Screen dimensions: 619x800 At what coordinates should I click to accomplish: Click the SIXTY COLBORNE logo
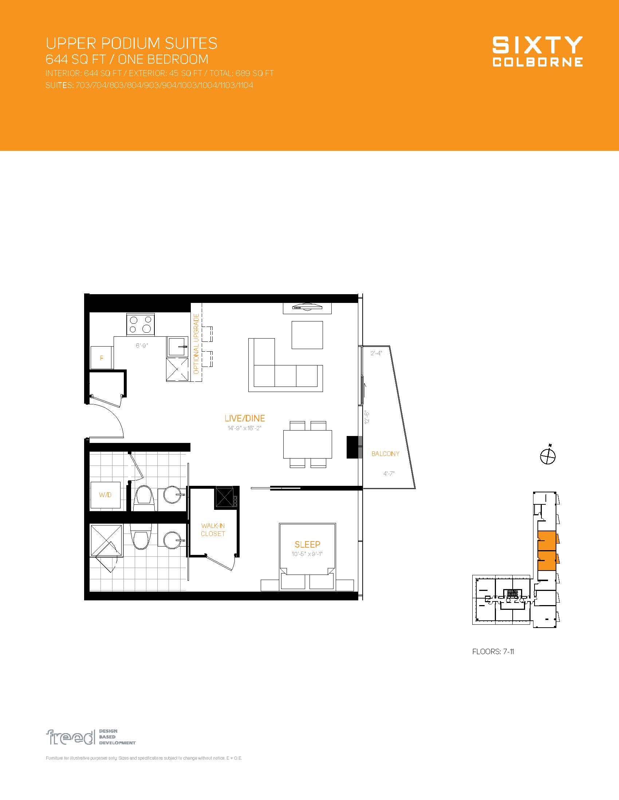tap(537, 51)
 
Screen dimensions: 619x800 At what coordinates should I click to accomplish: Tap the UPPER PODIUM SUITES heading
tap(131, 43)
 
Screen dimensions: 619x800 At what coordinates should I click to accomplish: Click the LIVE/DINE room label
tap(245, 418)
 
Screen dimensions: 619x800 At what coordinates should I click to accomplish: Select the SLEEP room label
tap(307, 544)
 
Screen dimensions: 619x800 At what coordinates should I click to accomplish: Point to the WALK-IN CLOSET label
tap(213, 530)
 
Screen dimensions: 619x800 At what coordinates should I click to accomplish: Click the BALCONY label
tap(385, 454)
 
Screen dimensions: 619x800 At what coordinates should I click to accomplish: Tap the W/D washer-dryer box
tap(105, 495)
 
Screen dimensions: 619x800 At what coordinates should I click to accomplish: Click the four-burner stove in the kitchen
tap(141, 324)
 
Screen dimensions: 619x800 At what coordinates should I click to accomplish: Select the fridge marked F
tap(102, 357)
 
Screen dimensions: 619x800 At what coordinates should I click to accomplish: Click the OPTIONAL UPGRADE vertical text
tap(196, 344)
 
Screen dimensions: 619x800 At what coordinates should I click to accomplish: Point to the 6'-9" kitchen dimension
tap(142, 345)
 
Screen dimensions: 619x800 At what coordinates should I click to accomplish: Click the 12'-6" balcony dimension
tap(367, 417)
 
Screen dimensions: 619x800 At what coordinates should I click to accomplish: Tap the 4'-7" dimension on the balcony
tap(389, 473)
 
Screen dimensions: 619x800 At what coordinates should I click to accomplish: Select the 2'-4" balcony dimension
tap(376, 353)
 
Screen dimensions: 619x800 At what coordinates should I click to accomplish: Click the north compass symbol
tap(548, 456)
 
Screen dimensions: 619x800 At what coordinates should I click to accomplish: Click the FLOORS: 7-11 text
tap(493, 652)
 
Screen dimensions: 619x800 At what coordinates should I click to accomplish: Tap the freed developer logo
tap(91, 737)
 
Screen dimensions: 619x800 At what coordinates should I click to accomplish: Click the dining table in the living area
tap(308, 444)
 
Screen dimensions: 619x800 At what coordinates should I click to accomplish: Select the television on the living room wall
tap(307, 307)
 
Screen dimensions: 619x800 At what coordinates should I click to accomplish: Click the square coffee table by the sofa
tap(307, 335)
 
